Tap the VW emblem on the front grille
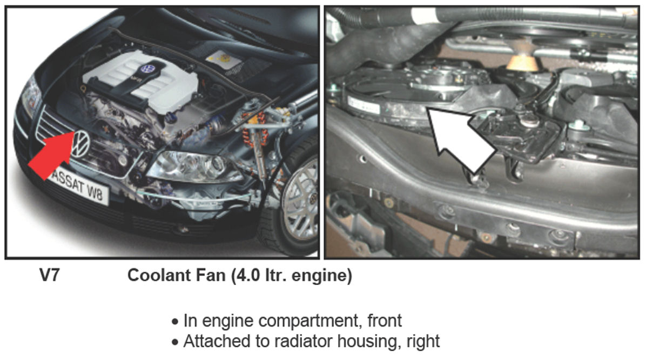click(81, 143)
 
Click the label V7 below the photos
click(50, 275)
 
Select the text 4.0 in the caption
click(248, 275)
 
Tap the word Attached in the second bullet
click(214, 342)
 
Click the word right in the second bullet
click(423, 342)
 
